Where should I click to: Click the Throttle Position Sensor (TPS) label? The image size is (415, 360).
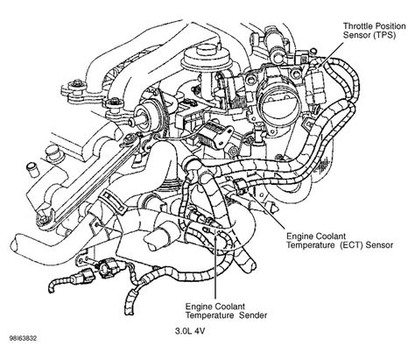(374, 31)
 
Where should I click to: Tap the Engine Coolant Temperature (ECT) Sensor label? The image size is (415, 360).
(340, 240)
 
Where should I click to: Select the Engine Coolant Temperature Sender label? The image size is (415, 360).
(227, 311)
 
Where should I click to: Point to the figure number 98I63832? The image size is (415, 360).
(23, 339)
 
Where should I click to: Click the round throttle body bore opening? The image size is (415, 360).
(278, 102)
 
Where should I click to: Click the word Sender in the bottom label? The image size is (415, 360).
(253, 315)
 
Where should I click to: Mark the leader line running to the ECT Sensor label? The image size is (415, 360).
(266, 210)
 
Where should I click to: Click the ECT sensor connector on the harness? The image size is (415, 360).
(242, 187)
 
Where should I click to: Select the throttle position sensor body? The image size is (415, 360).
(313, 86)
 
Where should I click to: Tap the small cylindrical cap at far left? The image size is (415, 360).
(32, 169)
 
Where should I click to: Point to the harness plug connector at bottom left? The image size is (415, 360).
(82, 276)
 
